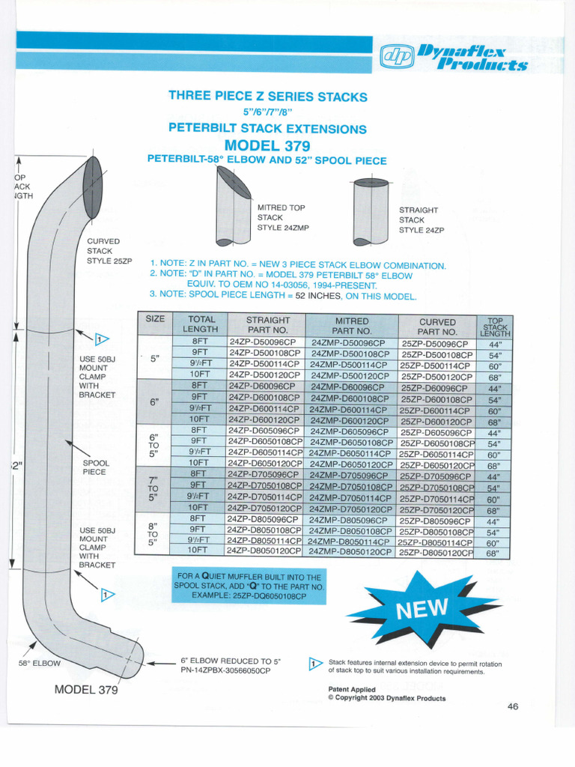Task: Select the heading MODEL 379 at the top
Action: coord(267,145)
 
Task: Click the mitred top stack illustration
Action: coord(233,206)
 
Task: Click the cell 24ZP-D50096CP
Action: coord(263,342)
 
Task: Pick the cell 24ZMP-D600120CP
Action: coord(350,420)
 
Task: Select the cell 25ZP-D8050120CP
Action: coord(437,551)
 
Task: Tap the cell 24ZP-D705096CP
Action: coord(263,475)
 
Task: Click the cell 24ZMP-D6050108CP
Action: coord(350,443)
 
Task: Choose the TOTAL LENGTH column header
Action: coord(201,324)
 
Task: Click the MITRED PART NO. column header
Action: coord(352,325)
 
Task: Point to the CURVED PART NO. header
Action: coord(437,326)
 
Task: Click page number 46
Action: coord(513,706)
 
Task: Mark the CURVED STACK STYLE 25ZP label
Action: coord(109,251)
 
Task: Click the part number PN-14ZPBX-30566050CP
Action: coord(225,670)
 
